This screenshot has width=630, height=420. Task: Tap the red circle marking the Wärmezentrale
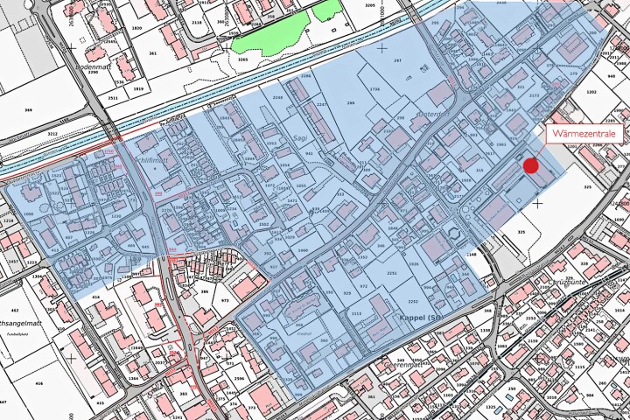530,165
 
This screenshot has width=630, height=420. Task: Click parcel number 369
28,110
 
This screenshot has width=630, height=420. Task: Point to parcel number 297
396,60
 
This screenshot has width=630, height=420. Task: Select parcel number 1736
374,90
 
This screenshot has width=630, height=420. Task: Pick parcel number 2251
392,274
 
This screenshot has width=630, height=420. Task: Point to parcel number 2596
239,378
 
